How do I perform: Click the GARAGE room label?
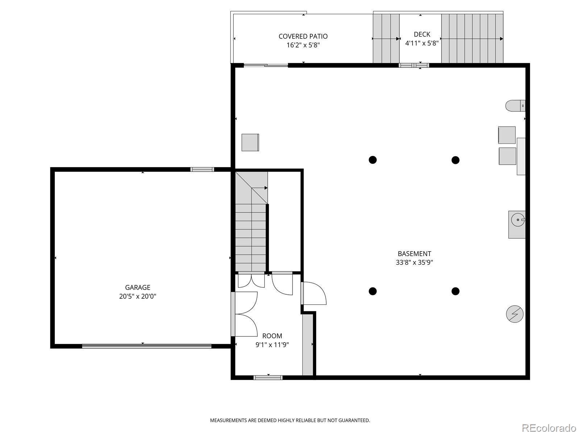coord(137,287)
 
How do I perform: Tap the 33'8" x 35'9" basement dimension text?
coord(414,262)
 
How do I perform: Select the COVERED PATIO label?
coord(303,36)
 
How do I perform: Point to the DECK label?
coord(422,34)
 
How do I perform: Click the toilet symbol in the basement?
coord(515,106)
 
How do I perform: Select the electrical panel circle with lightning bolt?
coord(515,314)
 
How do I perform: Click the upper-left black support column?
coord(373,160)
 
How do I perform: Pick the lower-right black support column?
coord(456,291)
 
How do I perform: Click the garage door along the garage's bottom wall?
coord(146,346)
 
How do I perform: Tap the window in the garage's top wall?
coord(202,169)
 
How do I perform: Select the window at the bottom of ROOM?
coord(268,378)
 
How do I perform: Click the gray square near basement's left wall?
coord(250,142)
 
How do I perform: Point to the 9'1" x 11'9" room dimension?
coord(272,345)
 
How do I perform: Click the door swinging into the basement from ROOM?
coord(314,294)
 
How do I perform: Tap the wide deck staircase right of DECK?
coord(472,38)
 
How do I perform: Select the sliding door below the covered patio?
coord(266,66)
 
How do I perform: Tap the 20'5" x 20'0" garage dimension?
coord(137,296)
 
